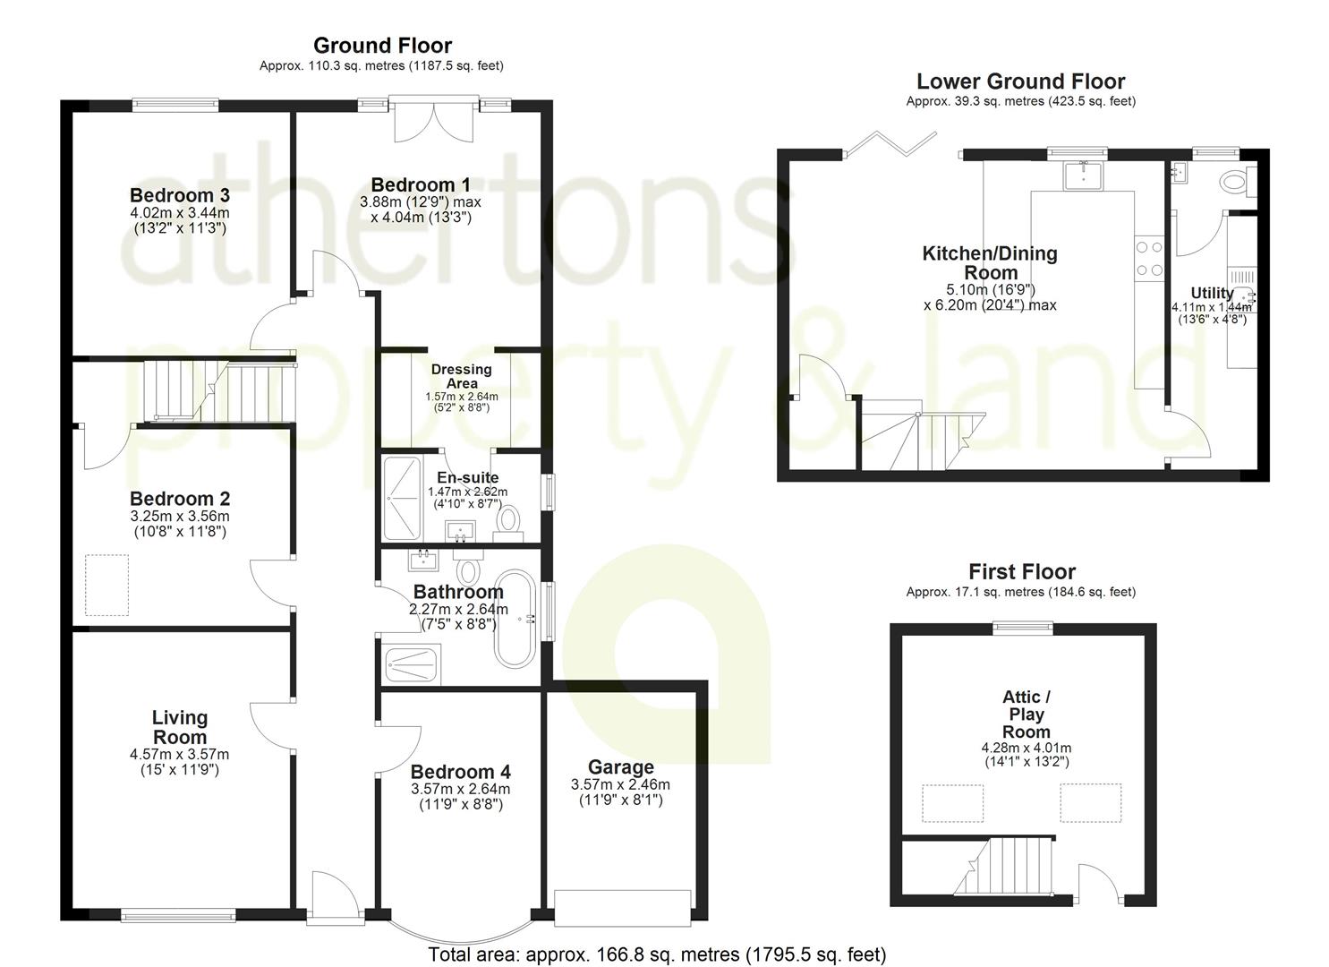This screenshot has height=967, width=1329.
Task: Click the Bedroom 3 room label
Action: (179, 195)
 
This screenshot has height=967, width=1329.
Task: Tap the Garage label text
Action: (620, 767)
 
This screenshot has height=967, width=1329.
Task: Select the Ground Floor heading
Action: (382, 46)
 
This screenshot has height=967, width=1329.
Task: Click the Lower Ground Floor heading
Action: (1020, 81)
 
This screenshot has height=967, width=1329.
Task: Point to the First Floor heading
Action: (1021, 571)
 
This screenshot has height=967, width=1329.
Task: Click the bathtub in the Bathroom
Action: (514, 617)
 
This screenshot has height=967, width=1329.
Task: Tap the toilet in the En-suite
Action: (509, 520)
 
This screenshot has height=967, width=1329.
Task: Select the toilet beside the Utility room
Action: (1236, 182)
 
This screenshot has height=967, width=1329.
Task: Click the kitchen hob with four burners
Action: (1148, 257)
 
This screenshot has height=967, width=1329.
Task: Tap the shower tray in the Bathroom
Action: (411, 664)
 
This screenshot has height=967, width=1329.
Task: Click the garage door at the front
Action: (622, 906)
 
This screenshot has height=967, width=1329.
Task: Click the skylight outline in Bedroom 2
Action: (106, 584)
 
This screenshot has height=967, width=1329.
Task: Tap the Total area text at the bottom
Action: (657, 954)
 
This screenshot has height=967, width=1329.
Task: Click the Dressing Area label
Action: (461, 376)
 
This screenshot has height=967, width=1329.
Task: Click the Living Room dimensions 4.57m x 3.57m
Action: (179, 755)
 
